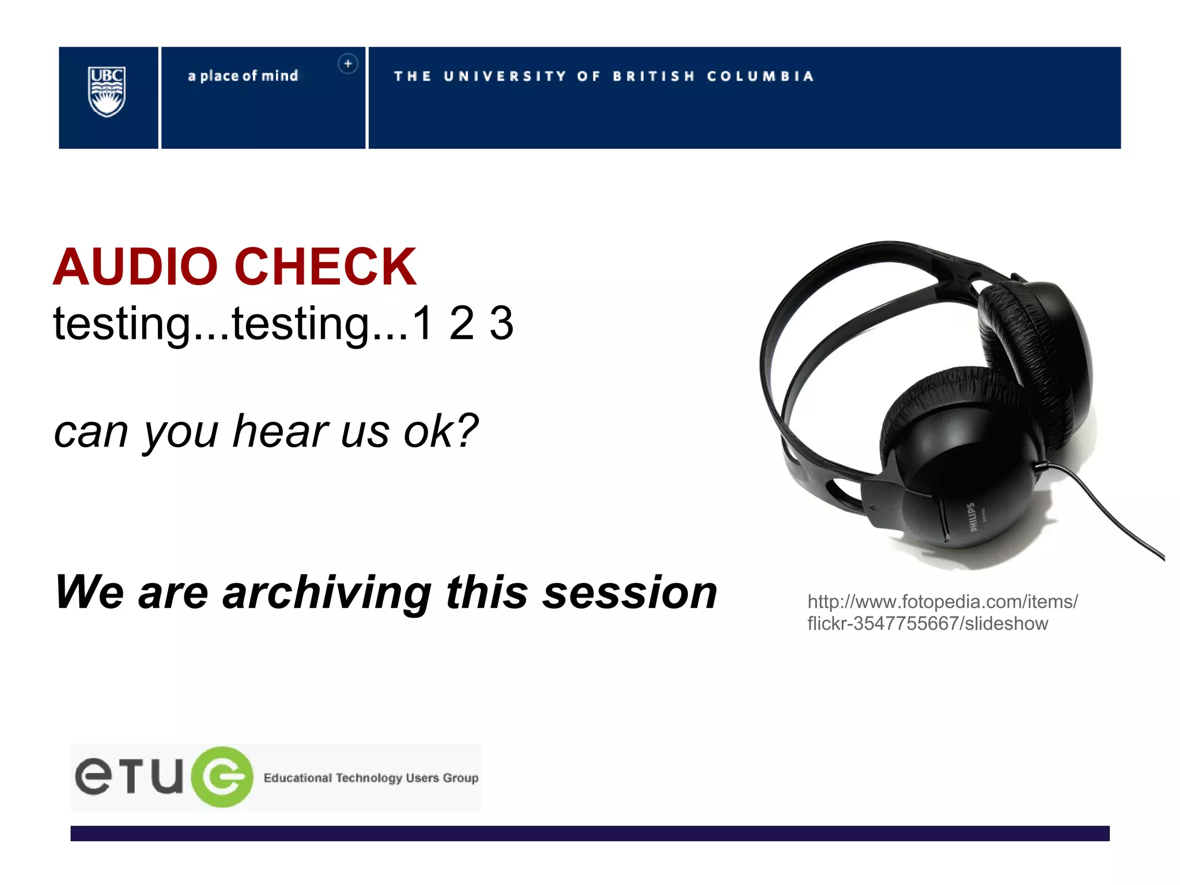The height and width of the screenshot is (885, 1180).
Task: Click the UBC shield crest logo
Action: (x=107, y=92)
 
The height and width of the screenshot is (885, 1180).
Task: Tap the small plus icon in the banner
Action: (x=347, y=64)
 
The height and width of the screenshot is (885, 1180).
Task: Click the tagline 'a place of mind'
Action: (x=243, y=76)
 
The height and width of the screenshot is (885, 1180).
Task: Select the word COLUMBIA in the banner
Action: (x=760, y=77)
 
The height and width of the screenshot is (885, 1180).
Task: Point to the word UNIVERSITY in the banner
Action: (x=505, y=77)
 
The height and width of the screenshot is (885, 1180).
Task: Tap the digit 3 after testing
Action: (x=501, y=323)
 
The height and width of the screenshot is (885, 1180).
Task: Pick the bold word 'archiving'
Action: (x=327, y=593)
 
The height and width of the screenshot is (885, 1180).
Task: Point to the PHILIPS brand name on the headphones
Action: (x=973, y=517)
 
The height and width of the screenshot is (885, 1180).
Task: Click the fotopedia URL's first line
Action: (x=942, y=602)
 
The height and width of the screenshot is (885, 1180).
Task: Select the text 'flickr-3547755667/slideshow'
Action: (x=927, y=623)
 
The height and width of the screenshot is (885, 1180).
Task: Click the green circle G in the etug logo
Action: (x=222, y=777)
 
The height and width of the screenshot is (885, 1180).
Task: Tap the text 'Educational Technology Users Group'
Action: (x=370, y=778)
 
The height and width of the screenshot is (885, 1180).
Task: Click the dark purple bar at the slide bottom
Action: (x=589, y=833)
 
